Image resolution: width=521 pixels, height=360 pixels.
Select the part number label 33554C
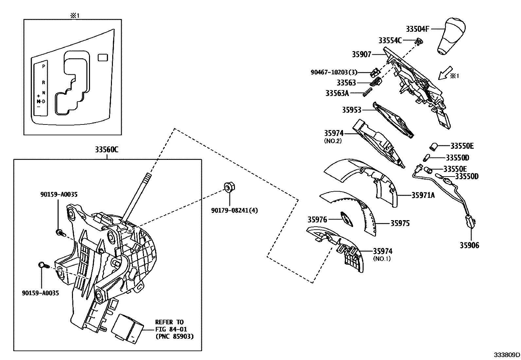pos(390,40)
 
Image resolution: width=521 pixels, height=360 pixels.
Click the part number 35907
pos(361,54)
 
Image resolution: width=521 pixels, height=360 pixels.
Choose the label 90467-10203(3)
pos(334,72)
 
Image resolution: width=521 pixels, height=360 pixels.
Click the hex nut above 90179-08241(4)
pos(227,187)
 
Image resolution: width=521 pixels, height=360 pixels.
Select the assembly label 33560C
pos(107,150)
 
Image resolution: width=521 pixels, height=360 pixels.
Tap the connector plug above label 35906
pos(470,221)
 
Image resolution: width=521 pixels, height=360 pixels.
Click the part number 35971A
pos(423,195)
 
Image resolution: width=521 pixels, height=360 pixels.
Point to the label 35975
pos(400,223)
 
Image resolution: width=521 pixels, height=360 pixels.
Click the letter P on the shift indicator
pos(44,66)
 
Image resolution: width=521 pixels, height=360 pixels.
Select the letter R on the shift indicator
pos(44,83)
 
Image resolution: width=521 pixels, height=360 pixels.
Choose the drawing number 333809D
pos(507,355)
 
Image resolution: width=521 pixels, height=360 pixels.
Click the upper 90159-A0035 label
pos(59,194)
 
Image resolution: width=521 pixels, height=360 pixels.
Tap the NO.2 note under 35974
pos(333,141)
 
